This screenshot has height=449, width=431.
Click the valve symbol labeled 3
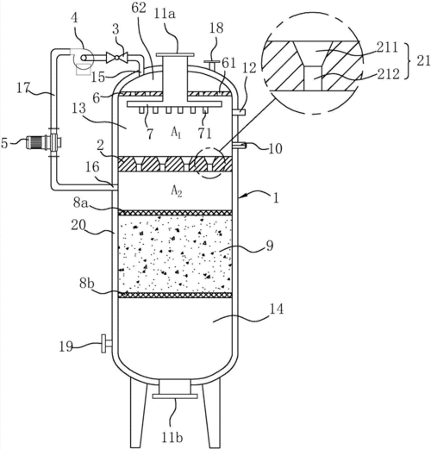point(116,58)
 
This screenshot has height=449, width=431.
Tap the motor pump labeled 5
point(43,142)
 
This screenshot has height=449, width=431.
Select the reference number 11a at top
point(165,14)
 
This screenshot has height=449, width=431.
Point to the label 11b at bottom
point(172,438)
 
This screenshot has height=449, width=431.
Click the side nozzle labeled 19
point(106,343)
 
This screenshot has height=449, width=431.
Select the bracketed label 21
point(423,61)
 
